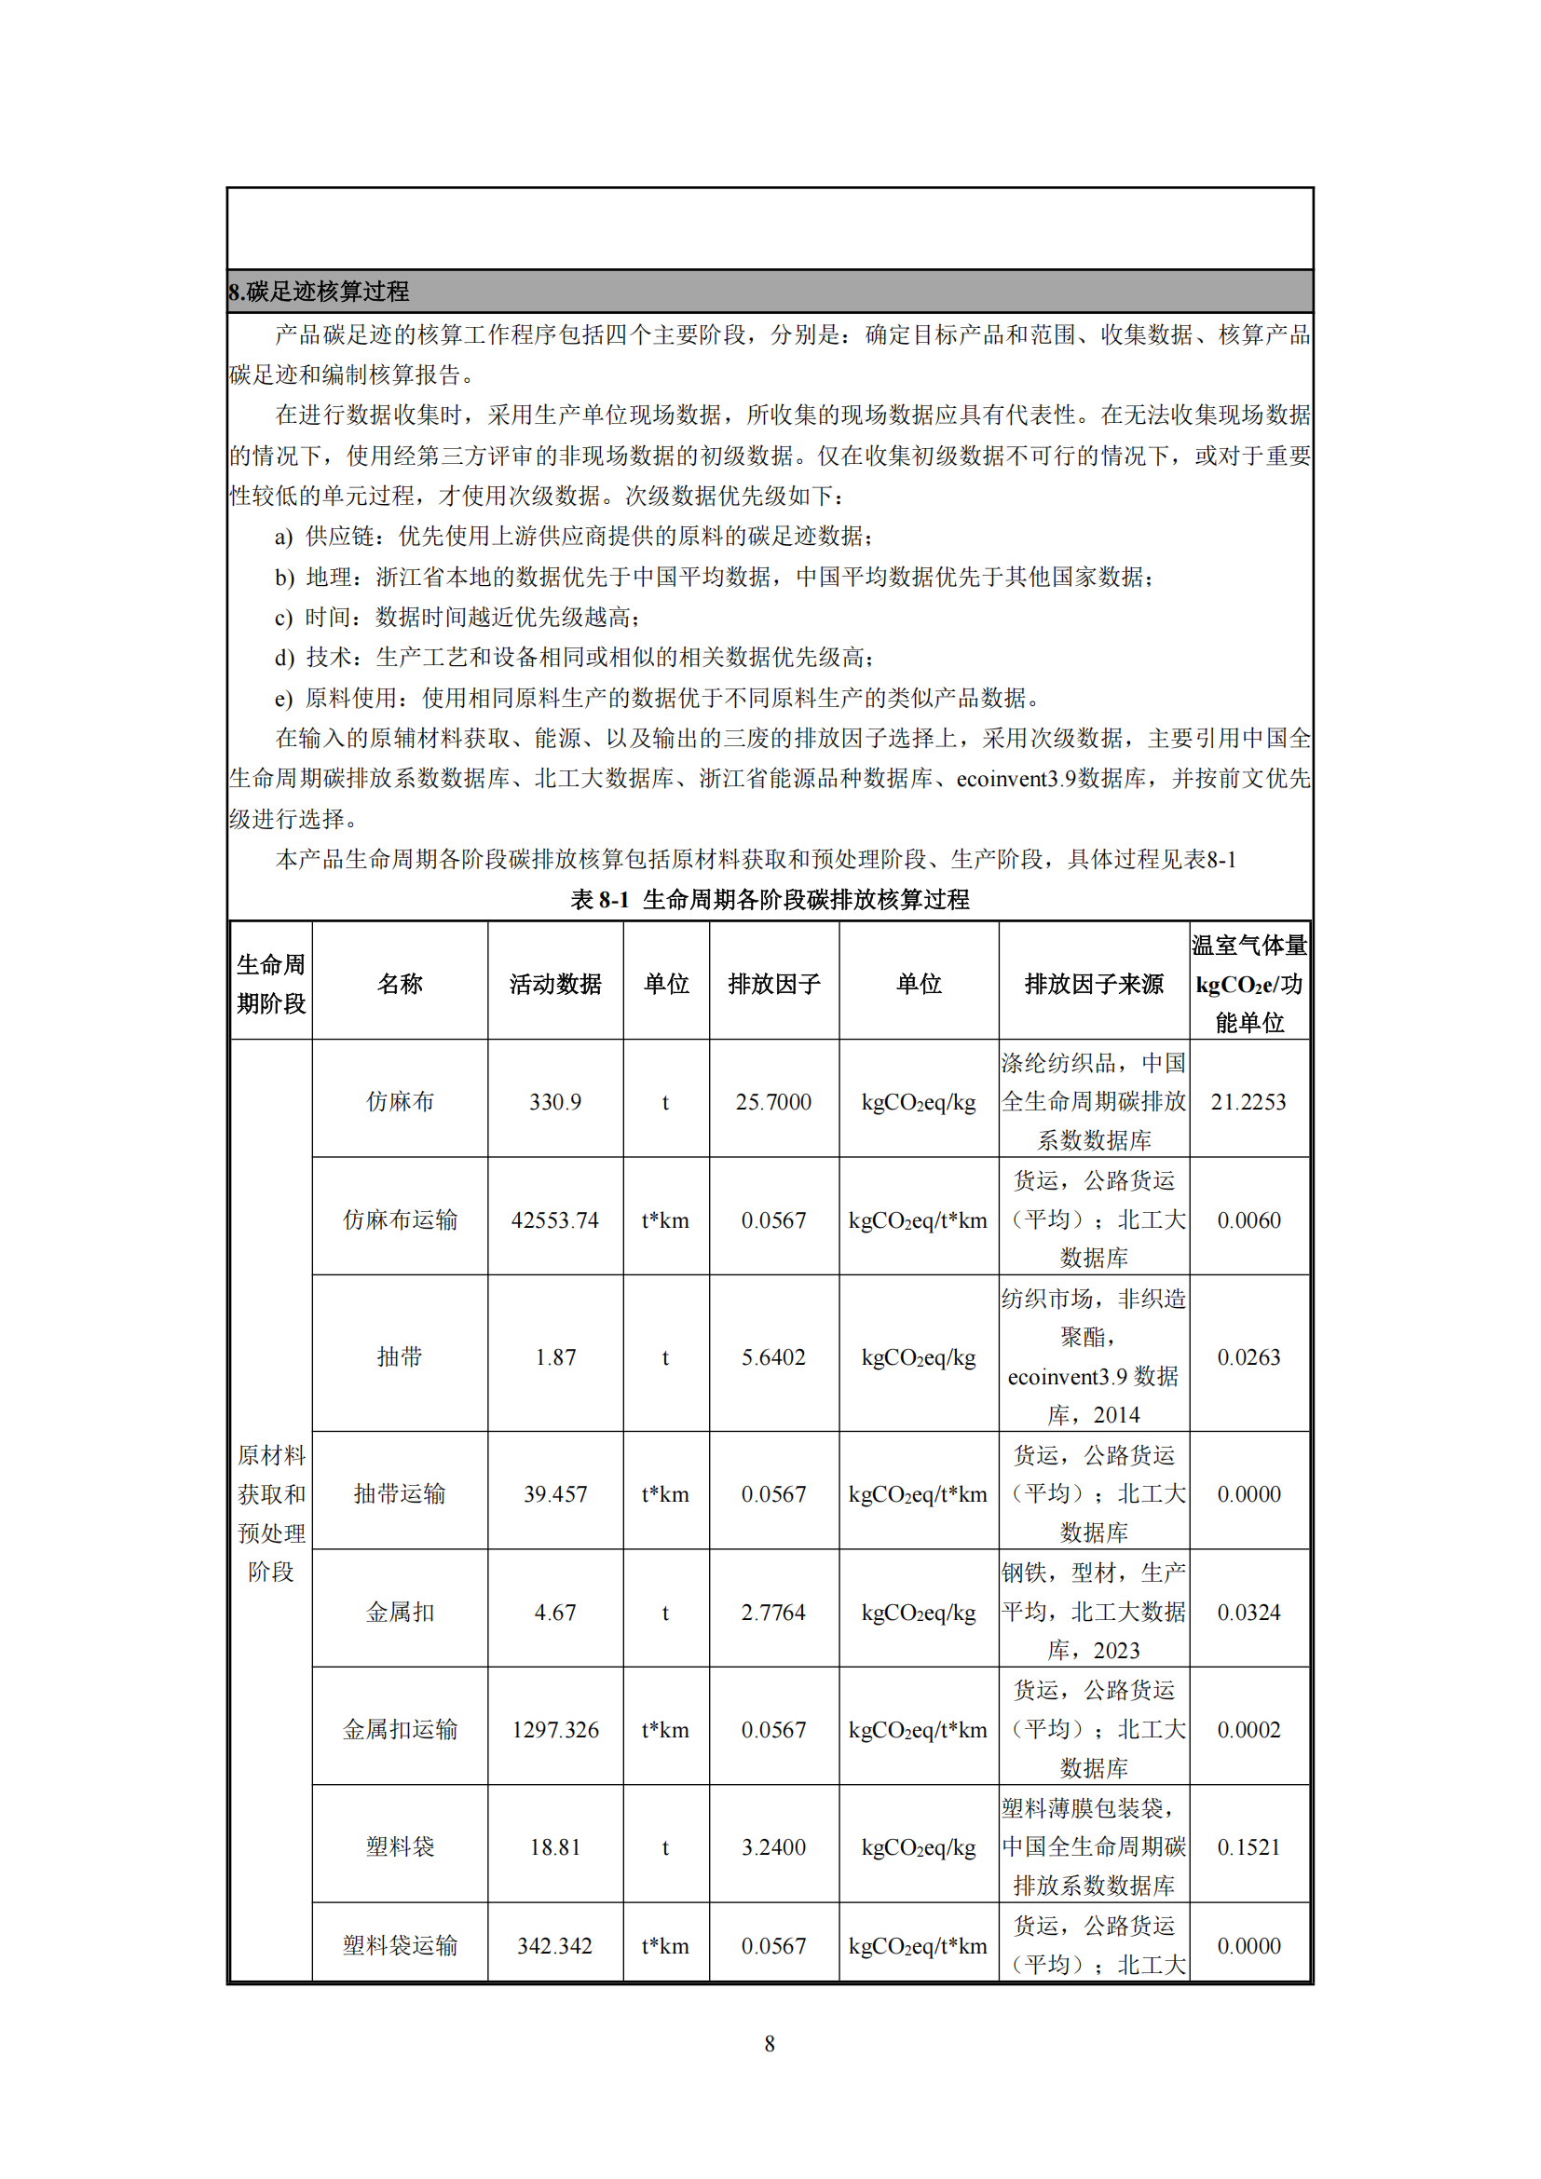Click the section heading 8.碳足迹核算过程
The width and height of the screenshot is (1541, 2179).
pyautogui.click(x=319, y=292)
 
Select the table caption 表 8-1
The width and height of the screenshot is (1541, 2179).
pyautogui.click(x=599, y=899)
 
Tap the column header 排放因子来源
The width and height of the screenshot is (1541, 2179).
pyautogui.click(x=1093, y=984)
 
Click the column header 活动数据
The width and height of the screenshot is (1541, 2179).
pyautogui.click(x=555, y=984)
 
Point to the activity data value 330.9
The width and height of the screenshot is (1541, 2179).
pyautogui.click(x=555, y=1102)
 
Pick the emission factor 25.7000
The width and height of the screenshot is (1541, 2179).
pyautogui.click(x=773, y=1102)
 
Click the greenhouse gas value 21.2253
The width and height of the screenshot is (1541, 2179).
pyautogui.click(x=1248, y=1102)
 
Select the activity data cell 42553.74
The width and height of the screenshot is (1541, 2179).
pyautogui.click(x=555, y=1220)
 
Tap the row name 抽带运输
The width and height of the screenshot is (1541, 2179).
pyautogui.click(x=400, y=1493)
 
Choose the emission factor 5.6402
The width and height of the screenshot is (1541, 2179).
pyautogui.click(x=773, y=1357)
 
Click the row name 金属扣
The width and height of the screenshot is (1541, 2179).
pyautogui.click(x=400, y=1613)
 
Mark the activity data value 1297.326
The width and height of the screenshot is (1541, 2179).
pyautogui.click(x=555, y=1730)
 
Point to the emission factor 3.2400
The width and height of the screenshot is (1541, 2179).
pyautogui.click(x=773, y=1846)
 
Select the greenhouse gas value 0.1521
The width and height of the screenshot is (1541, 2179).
pyautogui.click(x=1248, y=1846)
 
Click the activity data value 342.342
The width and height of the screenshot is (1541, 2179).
pyautogui.click(x=555, y=1945)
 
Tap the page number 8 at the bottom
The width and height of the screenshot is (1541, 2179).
pyautogui.click(x=770, y=2043)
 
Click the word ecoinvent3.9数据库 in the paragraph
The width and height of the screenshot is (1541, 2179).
pyautogui.click(x=1051, y=779)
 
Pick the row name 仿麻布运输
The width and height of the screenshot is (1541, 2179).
pyautogui.click(x=400, y=1220)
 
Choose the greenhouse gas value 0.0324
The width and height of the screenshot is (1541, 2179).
pyautogui.click(x=1248, y=1613)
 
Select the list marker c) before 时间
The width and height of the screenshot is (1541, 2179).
pyautogui.click(x=284, y=618)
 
